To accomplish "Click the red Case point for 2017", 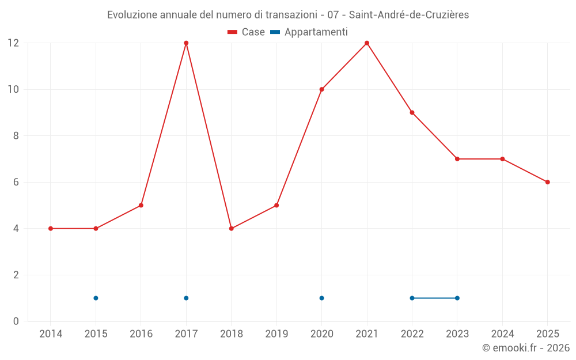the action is point(186,43).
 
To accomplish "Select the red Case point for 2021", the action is point(366,43).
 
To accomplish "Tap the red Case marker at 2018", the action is point(232,229).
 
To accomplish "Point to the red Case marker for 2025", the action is point(547,182).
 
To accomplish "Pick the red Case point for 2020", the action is point(322,89).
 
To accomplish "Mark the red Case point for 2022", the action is point(412,113).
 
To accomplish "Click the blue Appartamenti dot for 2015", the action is point(96,298).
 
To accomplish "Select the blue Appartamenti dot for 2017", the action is point(186,298).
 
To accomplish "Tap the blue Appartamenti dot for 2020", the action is point(322,298).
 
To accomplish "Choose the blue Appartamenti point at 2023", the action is point(457,298).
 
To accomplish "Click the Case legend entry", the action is point(246,32).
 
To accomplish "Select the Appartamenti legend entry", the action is point(309,32).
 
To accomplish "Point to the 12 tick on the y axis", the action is point(13,43).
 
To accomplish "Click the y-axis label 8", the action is point(16,136).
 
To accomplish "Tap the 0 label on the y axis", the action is point(16,321).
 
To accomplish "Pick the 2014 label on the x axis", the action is point(51,334).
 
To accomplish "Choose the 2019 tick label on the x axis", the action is point(276,334).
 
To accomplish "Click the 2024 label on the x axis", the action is point(502,334).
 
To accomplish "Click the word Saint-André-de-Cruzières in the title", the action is point(409,15).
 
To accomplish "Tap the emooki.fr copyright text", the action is point(526,347).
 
